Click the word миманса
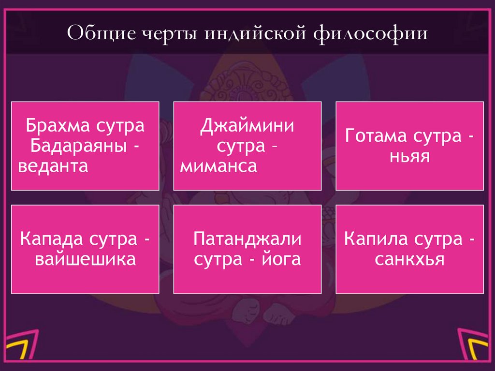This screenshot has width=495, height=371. pos(218,166)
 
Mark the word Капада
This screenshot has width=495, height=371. pos(51,239)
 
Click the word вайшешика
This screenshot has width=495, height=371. pos(85,260)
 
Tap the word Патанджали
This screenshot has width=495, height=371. pos(247,239)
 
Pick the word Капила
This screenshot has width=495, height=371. pos(375,239)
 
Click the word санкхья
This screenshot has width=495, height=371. pos(409,260)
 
